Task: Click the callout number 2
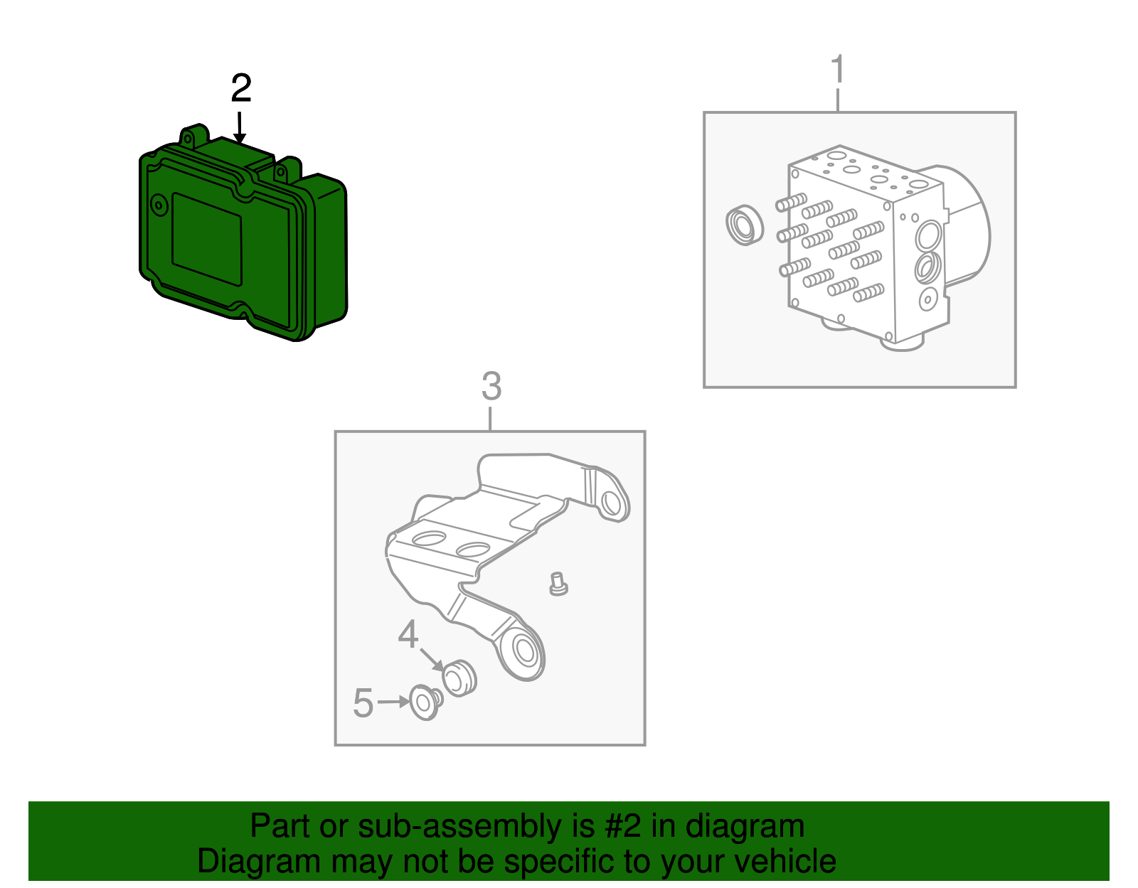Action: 241,89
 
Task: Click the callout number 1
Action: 838,69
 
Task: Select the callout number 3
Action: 491,387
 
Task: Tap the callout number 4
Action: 408,634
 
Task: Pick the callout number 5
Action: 363,703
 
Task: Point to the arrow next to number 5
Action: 393,702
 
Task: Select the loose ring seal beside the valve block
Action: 745,225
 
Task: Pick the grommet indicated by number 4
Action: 459,678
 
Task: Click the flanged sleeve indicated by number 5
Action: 426,703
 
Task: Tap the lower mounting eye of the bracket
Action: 525,653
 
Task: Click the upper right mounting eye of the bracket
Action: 611,502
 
